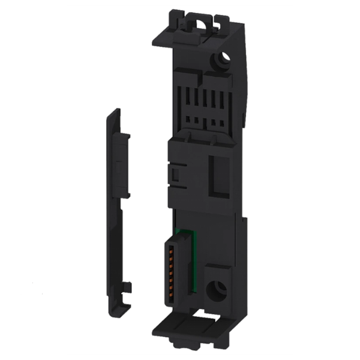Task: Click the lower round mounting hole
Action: (214, 293)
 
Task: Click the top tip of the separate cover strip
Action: (116, 112)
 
